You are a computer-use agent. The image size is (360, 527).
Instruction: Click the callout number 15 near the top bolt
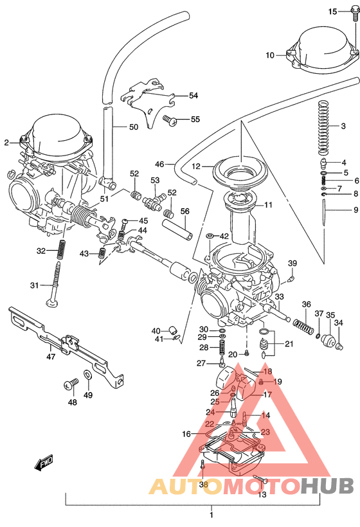click(332, 12)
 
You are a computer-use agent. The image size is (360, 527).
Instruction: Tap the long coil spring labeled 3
click(324, 129)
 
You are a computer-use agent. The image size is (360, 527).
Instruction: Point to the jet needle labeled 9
click(325, 231)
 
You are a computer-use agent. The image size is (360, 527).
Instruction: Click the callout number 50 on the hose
click(133, 127)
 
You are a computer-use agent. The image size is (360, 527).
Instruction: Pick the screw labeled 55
click(169, 119)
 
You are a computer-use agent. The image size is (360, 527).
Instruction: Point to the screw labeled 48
click(69, 384)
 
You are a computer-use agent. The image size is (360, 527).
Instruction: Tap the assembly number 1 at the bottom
click(211, 515)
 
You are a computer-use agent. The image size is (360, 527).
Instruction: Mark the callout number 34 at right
click(338, 323)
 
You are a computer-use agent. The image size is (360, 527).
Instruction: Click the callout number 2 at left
click(6, 142)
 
